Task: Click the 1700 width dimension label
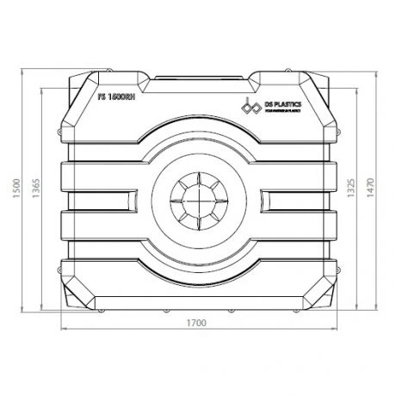pyautogui.click(x=197, y=324)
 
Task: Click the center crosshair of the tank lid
pyautogui.click(x=197, y=197)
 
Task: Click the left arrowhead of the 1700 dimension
pyautogui.click(x=62, y=331)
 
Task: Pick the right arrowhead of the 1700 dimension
pyautogui.click(x=334, y=331)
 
